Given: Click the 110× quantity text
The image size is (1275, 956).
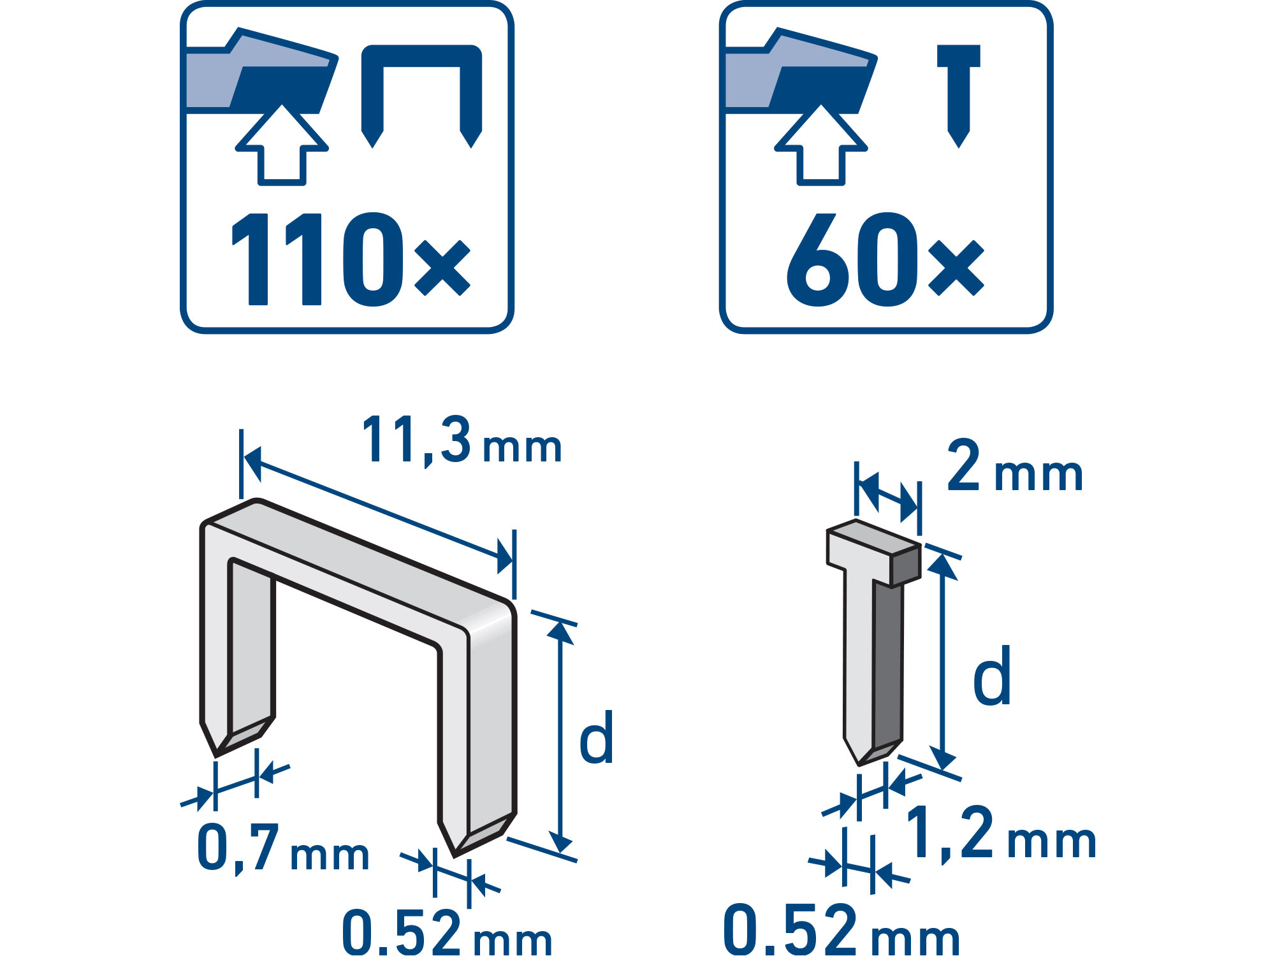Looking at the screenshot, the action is coord(351,259).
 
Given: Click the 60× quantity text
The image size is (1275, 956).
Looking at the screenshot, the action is coord(885,259).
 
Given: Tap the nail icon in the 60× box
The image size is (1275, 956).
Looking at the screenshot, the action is coord(959,96).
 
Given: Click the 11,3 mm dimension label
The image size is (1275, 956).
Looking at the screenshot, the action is coord(462,440).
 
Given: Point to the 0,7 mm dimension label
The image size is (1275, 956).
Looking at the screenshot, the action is coord(283,848).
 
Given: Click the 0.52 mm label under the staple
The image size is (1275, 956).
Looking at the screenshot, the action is coord(446,931).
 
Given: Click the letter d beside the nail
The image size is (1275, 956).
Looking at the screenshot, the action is coord(992,675).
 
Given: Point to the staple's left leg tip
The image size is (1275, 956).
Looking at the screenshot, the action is coord(216,757).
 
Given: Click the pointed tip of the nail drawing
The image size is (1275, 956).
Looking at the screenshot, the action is coord(859,764).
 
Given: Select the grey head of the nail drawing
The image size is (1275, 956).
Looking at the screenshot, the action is coord(873,552).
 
